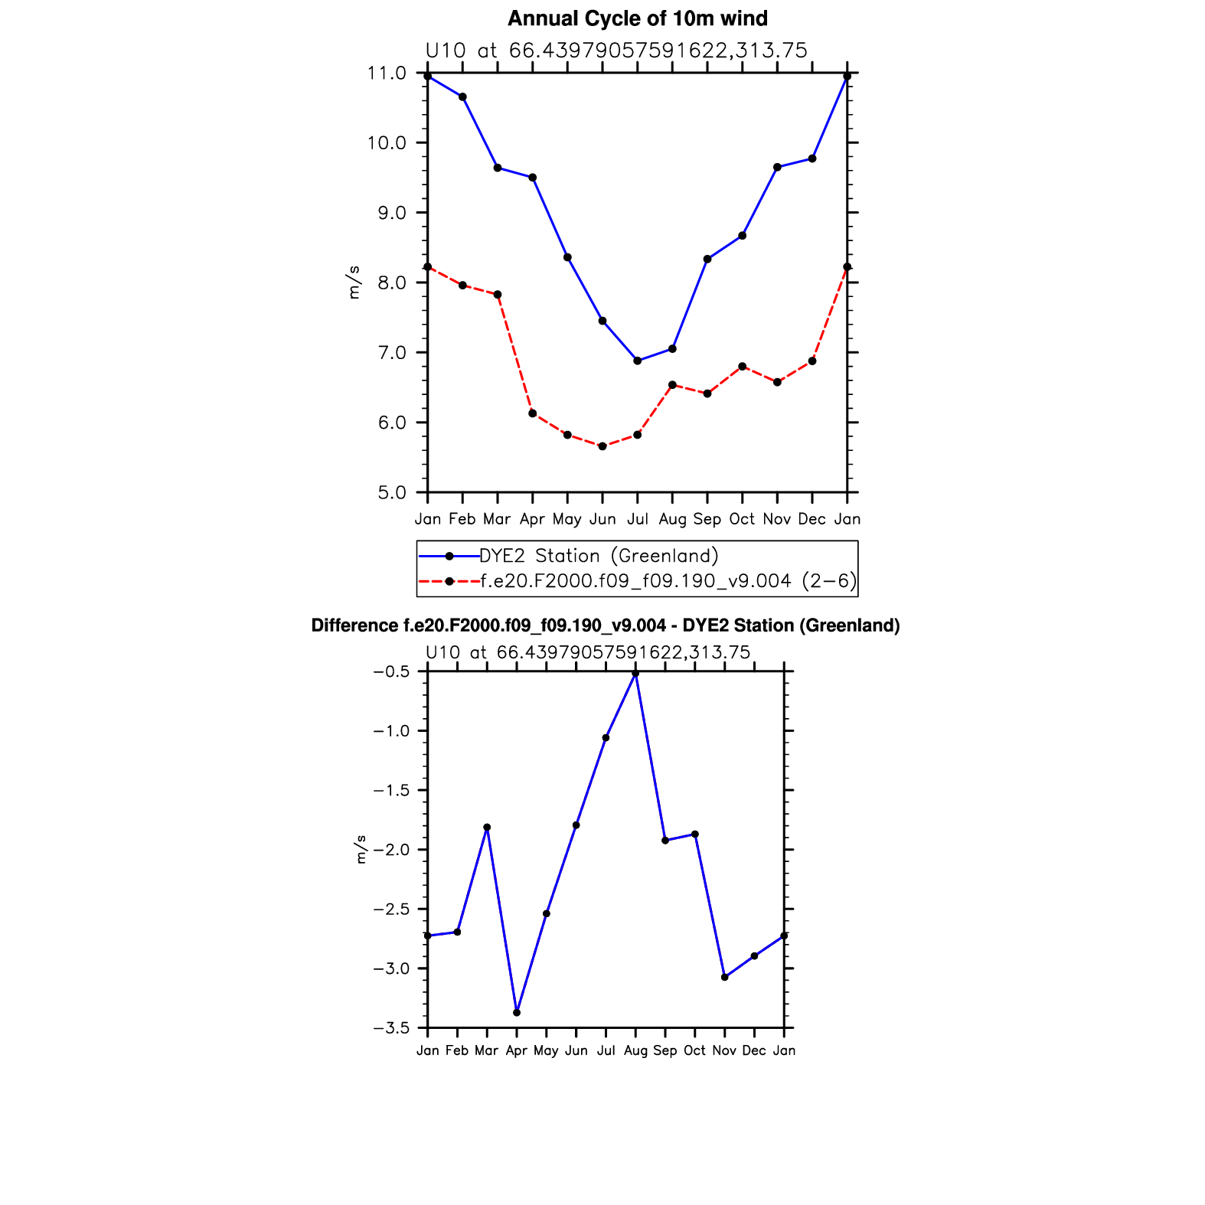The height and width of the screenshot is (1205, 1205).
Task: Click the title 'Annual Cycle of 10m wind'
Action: coord(637,18)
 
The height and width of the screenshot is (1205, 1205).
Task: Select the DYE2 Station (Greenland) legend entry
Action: coord(599,556)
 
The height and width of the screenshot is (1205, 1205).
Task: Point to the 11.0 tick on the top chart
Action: coord(387,73)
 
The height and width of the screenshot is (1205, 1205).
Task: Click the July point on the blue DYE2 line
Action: coord(637,361)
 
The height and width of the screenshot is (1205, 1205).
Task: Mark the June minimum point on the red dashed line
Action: coord(602,446)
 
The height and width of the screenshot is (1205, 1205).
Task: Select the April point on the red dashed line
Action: coord(532,413)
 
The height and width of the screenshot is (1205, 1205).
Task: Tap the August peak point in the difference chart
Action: coord(635,674)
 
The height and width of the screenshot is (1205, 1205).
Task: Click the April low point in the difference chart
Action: coord(517,1013)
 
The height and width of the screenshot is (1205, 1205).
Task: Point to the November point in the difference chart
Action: coord(724,978)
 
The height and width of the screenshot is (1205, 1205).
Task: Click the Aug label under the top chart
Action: coord(672,519)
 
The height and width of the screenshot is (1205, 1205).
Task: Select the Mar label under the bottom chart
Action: coord(486,1050)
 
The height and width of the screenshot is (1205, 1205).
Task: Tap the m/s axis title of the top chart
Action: coord(354,282)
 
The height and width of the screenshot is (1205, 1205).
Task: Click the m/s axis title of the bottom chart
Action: coord(361,850)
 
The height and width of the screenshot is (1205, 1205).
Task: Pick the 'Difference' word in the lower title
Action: coord(354,625)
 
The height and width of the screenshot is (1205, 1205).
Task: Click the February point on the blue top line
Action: coord(462,96)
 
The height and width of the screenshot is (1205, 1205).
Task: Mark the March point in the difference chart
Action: coord(487,828)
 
